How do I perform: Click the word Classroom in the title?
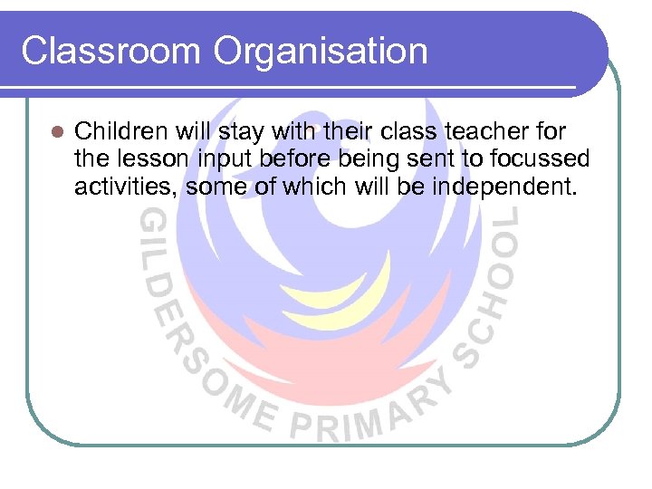click(x=110, y=51)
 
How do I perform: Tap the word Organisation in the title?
click(x=321, y=53)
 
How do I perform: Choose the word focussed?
click(x=542, y=160)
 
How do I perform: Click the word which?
click(x=308, y=187)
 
